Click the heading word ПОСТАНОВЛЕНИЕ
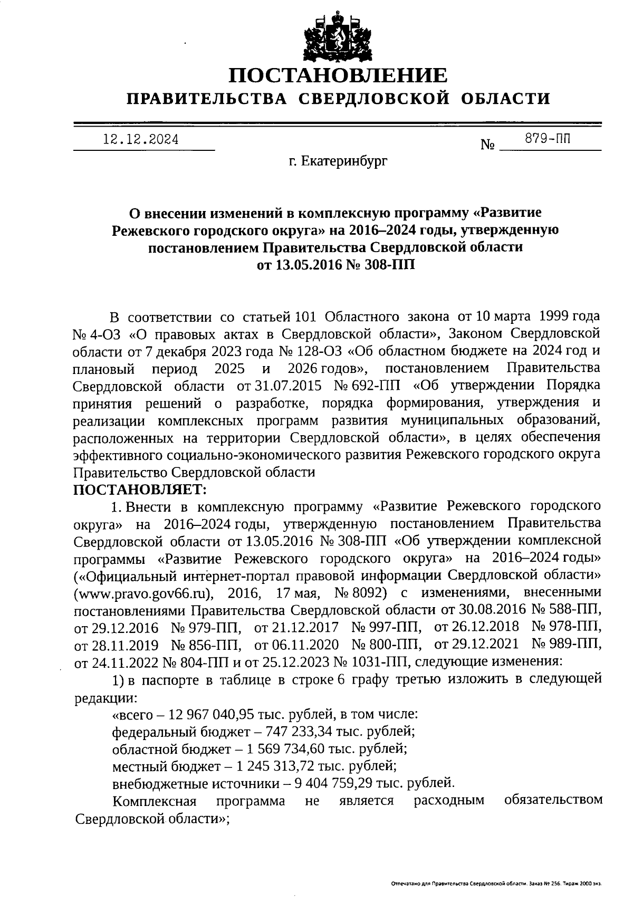click(338, 75)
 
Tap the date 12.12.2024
click(141, 140)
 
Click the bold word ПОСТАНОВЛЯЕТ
click(139, 490)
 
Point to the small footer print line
click(496, 882)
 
